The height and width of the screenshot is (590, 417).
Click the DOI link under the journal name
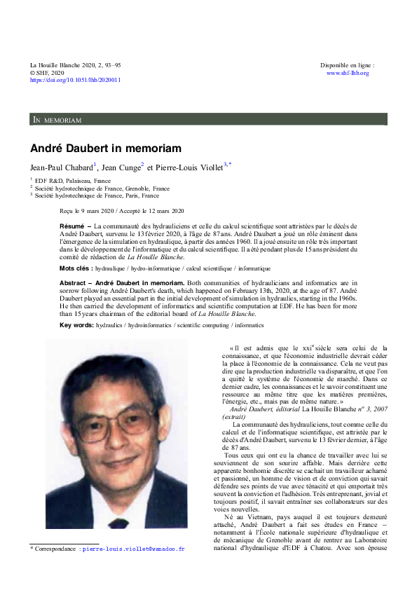point(75,80)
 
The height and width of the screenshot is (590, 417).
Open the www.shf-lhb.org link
point(348,73)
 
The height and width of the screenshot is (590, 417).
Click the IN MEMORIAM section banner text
point(57,121)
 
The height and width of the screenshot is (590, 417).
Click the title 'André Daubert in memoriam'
point(105,149)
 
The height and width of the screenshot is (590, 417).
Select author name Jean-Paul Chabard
point(61,168)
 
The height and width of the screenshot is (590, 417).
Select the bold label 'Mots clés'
point(75,268)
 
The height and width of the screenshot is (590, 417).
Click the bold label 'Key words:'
point(76,325)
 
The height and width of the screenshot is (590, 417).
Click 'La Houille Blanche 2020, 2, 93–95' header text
point(75,65)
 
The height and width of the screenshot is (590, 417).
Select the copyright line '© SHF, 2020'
point(47,73)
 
